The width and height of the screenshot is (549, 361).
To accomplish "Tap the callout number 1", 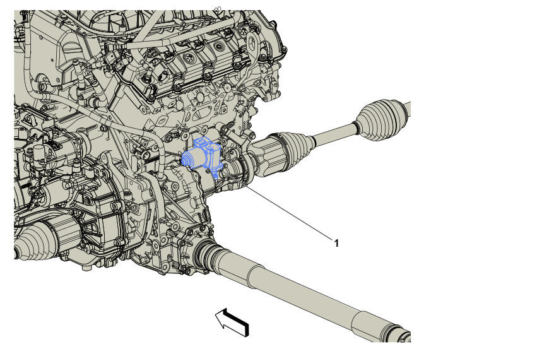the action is pyautogui.click(x=336, y=243).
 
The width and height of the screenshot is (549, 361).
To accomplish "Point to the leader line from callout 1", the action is pyautogui.click(x=288, y=212).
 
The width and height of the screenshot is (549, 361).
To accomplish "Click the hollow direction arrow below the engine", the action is pyautogui.click(x=232, y=322).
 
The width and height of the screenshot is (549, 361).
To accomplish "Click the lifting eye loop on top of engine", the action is pyautogui.click(x=252, y=45).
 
